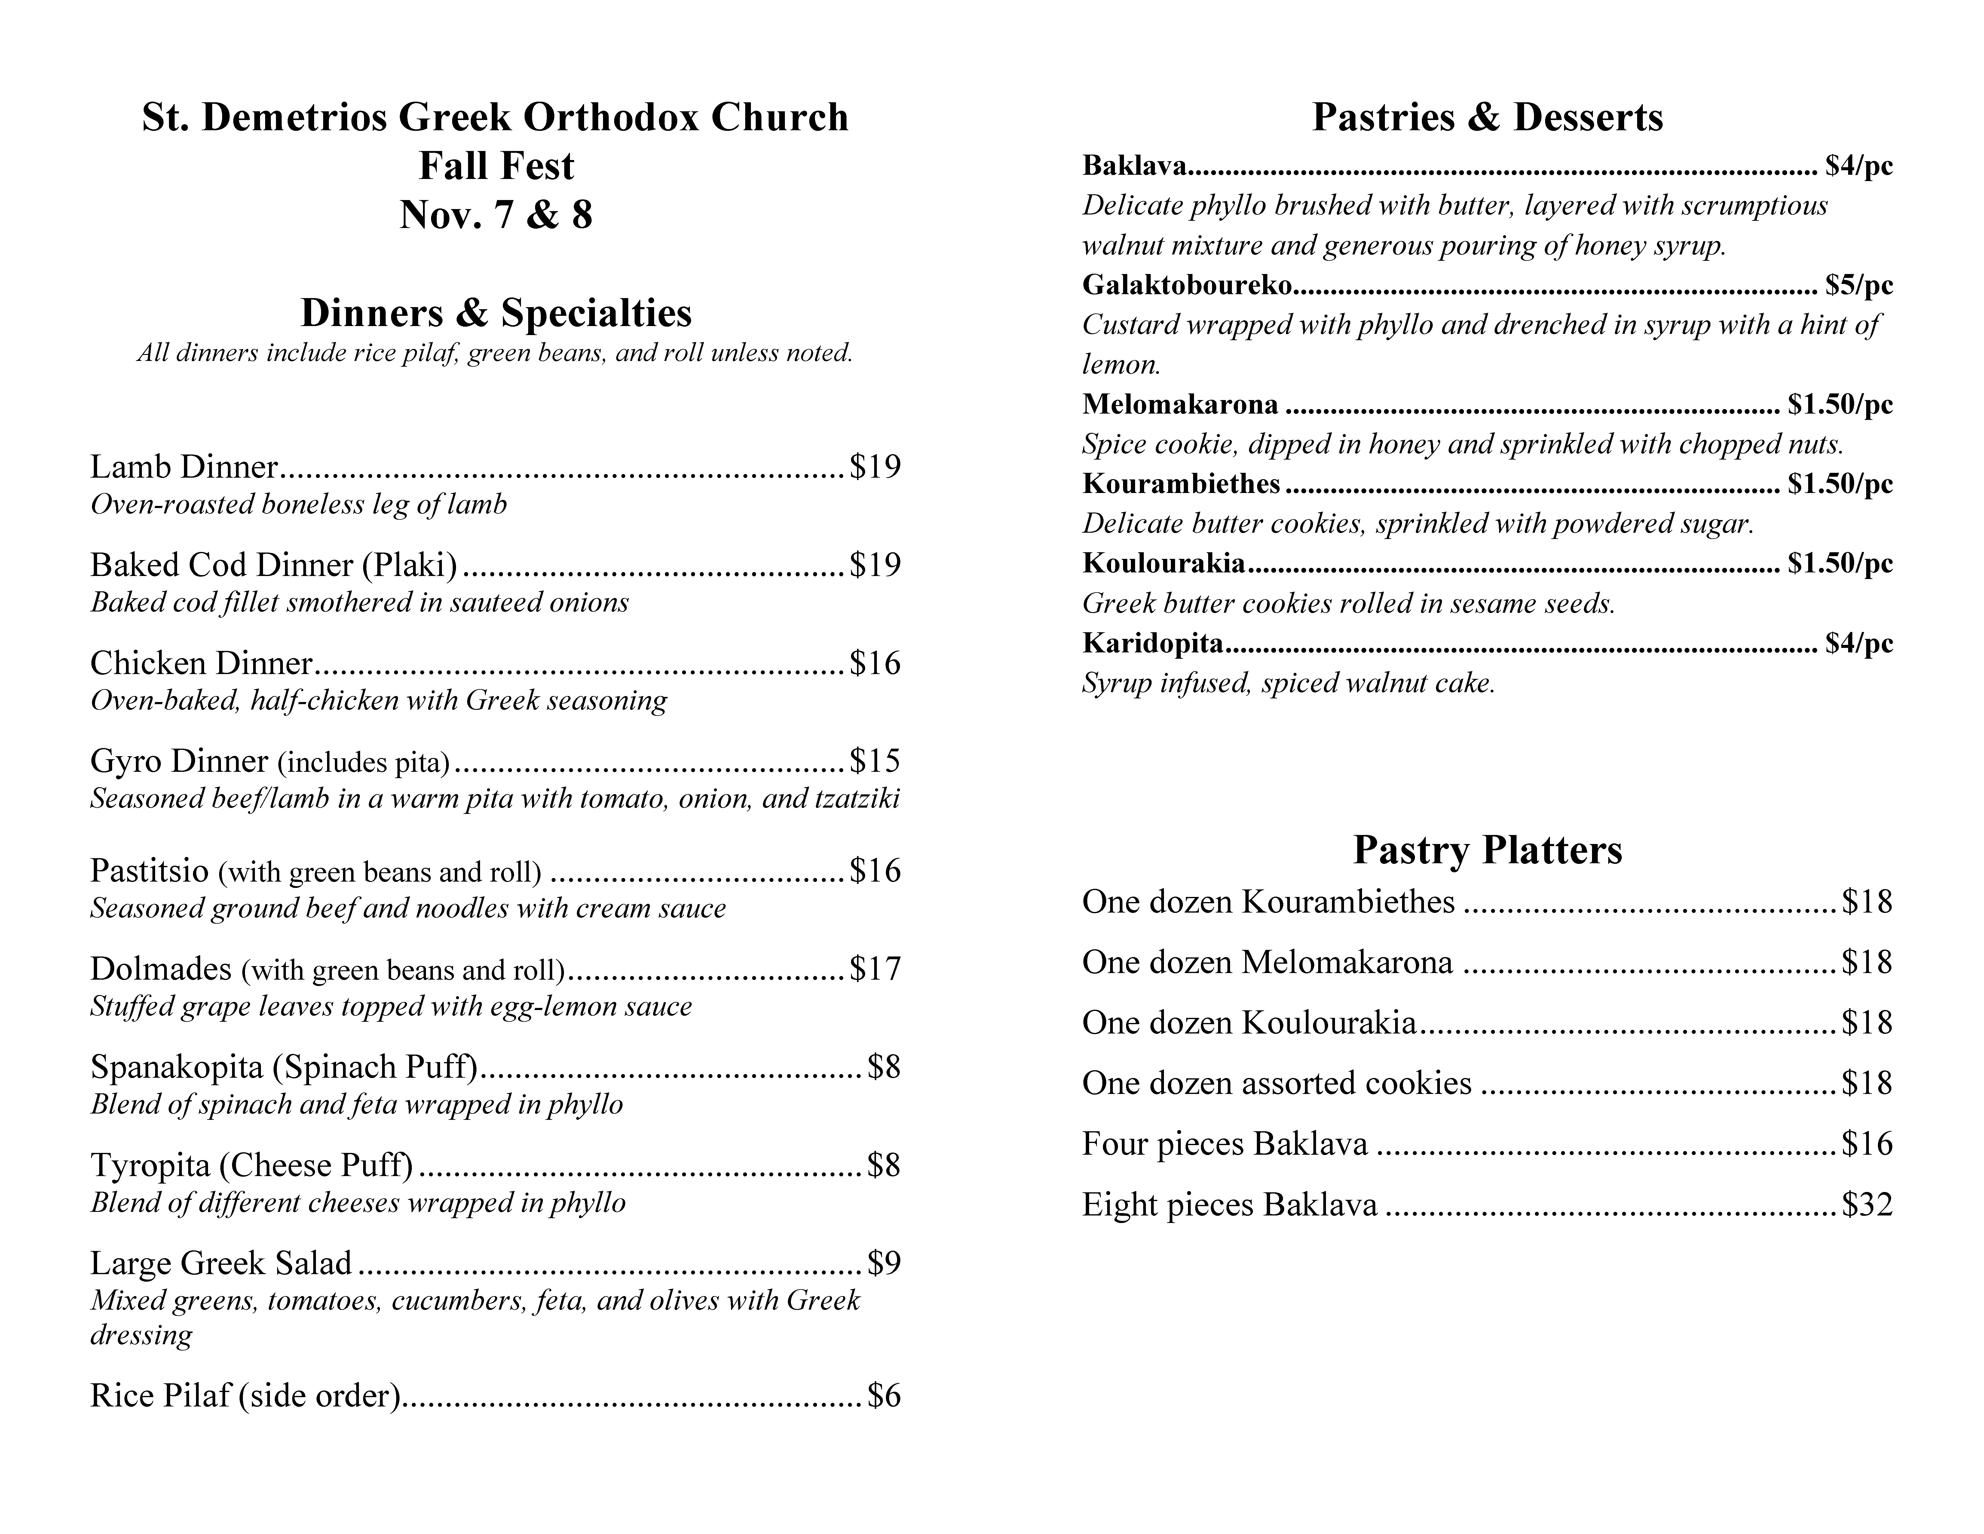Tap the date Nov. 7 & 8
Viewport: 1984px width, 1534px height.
(x=496, y=215)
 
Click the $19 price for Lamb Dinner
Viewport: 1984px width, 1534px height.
(x=875, y=467)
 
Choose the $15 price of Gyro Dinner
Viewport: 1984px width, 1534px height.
(x=875, y=761)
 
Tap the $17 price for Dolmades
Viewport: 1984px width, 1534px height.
(x=875, y=969)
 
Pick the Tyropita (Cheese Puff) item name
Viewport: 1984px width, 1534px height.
(x=252, y=1165)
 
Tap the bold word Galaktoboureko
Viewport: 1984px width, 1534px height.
(x=1186, y=285)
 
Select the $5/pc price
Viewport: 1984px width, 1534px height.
(x=1859, y=285)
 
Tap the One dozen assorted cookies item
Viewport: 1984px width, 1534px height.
(x=1276, y=1083)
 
